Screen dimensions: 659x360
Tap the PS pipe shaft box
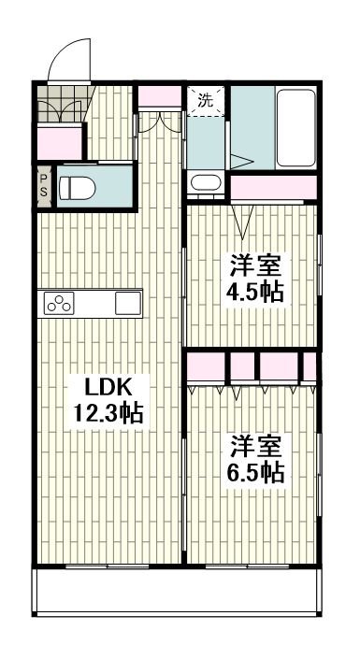coord(43,183)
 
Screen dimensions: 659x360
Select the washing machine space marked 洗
coord(206,100)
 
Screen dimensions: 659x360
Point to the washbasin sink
coord(205,183)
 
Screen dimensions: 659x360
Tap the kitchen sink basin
coord(127,303)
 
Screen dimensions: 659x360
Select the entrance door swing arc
coord(67,58)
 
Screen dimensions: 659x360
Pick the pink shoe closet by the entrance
coord(58,141)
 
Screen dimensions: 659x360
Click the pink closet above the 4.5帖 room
coord(275,187)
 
